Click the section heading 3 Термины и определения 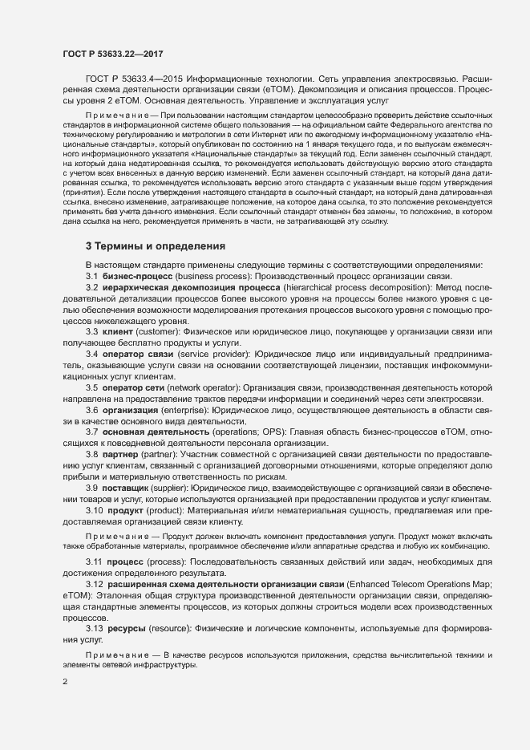tap(156, 245)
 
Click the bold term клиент tap(119, 331)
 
